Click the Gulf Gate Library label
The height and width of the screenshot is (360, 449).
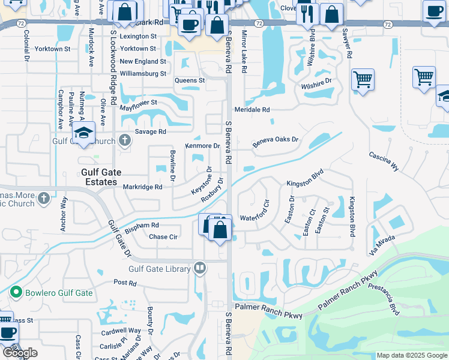[x=159, y=269]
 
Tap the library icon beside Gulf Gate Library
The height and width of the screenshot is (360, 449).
[x=200, y=268]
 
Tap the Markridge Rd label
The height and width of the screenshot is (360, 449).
[x=142, y=187]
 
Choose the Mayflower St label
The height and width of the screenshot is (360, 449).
[x=138, y=103]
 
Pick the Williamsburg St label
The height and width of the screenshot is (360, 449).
[x=143, y=74]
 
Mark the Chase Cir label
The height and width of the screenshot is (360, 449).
[x=163, y=236]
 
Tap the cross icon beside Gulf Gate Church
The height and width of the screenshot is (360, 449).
[x=125, y=141]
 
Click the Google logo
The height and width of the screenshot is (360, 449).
[x=20, y=353]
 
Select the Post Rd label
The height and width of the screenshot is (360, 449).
[x=125, y=282]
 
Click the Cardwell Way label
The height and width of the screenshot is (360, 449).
[x=121, y=331]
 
